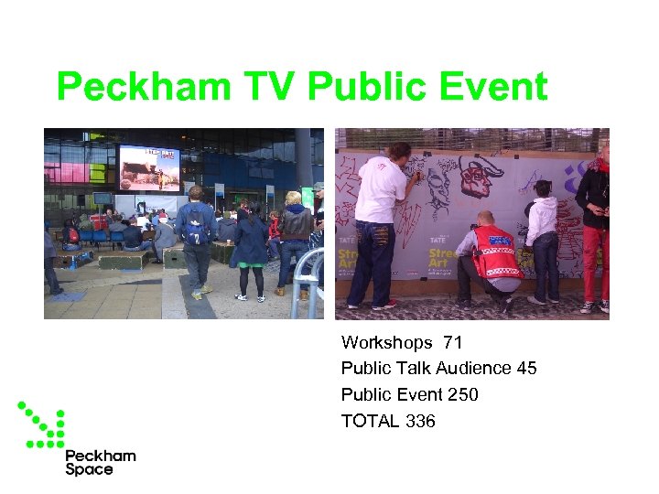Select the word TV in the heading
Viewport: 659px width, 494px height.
click(272, 89)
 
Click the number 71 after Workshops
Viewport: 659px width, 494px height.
click(452, 343)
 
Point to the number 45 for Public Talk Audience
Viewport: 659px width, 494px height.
click(526, 369)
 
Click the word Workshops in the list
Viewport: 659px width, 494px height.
click(386, 343)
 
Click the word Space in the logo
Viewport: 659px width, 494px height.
click(89, 469)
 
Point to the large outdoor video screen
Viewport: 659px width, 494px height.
click(149, 168)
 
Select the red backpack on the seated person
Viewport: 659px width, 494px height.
click(72, 236)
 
